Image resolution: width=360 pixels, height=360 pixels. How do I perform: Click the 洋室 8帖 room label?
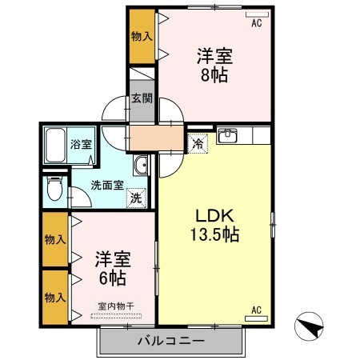pyautogui.click(x=214, y=65)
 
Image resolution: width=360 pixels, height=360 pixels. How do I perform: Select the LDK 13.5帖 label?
pyautogui.click(x=214, y=226)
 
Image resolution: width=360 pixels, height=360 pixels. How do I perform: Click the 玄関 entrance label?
pyautogui.click(x=142, y=98)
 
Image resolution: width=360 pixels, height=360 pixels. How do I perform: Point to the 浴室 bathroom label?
pyautogui.click(x=81, y=144)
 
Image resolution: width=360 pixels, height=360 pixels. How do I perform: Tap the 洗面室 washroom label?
pyautogui.click(x=107, y=185)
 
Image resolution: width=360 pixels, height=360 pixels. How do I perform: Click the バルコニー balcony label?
pyautogui.click(x=171, y=341)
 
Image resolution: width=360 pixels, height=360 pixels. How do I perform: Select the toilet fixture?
pyautogui.click(x=54, y=189)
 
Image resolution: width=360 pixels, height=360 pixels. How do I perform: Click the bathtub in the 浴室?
pyautogui.click(x=55, y=146)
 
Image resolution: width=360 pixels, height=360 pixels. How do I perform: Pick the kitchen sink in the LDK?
pyautogui.click(x=227, y=135)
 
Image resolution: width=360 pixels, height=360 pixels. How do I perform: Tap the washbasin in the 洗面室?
pyautogui.click(x=141, y=166)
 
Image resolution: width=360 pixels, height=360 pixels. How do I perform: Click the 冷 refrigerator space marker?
pyautogui.click(x=198, y=144)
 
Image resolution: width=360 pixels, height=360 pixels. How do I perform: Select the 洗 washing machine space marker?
pyautogui.click(x=136, y=198)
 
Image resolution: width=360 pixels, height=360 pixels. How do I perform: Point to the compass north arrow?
pyautogui.click(x=310, y=326)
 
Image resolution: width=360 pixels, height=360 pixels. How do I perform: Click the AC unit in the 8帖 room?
pyautogui.click(x=257, y=14)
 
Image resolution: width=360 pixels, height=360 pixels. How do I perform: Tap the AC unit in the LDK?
pyautogui.click(x=256, y=318)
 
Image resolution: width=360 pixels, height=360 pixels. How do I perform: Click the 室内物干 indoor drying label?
pyautogui.click(x=116, y=306)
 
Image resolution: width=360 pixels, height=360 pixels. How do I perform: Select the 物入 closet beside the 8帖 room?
pyautogui.click(x=142, y=37)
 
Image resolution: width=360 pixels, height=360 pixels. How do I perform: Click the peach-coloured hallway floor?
pyautogui.click(x=157, y=138)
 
